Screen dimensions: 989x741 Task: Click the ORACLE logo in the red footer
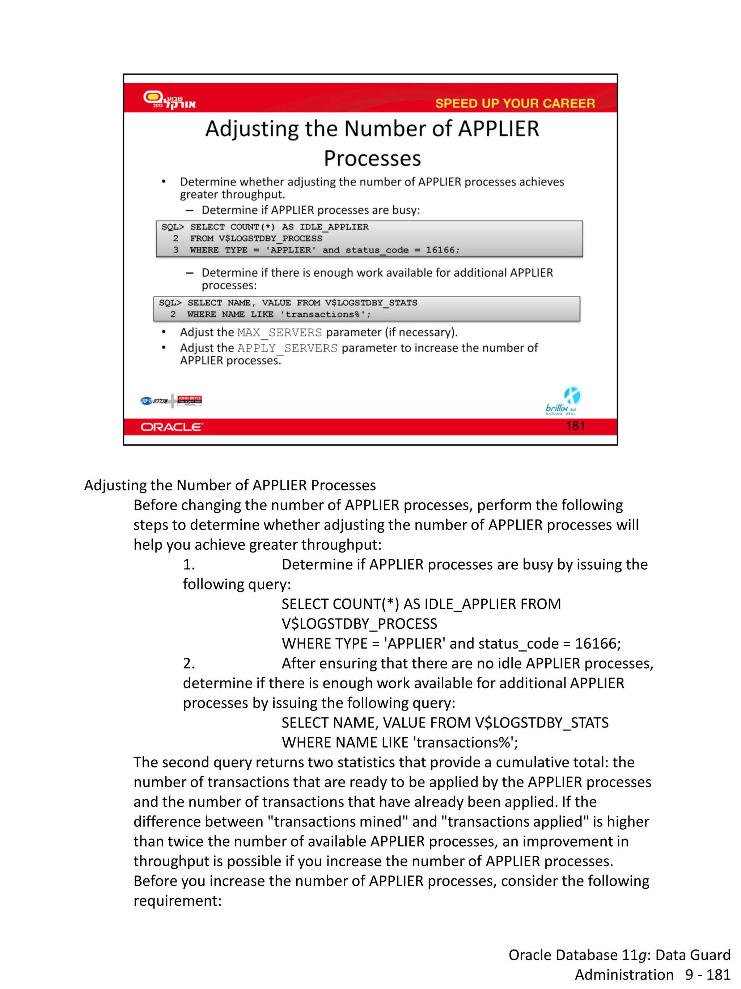pyautogui.click(x=172, y=427)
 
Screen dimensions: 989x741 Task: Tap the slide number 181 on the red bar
pyautogui.click(x=575, y=426)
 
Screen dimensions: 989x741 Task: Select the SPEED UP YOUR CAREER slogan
pyautogui.click(x=515, y=103)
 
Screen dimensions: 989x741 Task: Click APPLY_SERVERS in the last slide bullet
pyautogui.click(x=287, y=348)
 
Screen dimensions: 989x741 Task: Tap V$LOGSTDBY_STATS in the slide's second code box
pyautogui.click(x=371, y=303)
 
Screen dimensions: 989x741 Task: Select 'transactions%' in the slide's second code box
pyautogui.click(x=325, y=314)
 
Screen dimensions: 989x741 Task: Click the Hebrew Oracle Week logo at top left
pyautogui.click(x=169, y=100)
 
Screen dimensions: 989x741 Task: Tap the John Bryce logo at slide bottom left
pyautogui.click(x=189, y=400)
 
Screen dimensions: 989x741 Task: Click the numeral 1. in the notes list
pyautogui.click(x=189, y=565)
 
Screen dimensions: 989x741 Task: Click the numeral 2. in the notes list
pyautogui.click(x=189, y=663)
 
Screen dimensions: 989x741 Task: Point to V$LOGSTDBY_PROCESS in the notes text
pyautogui.click(x=359, y=624)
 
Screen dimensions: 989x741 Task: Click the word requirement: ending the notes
pyautogui.click(x=177, y=901)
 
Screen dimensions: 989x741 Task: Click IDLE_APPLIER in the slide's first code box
pyautogui.click(x=334, y=227)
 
